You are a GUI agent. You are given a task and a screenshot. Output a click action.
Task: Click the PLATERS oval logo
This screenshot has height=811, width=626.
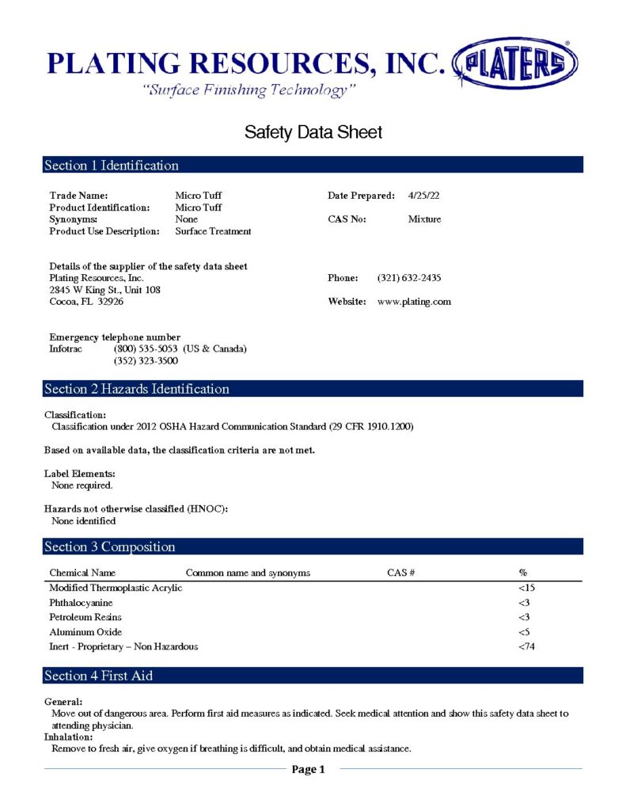click(514, 63)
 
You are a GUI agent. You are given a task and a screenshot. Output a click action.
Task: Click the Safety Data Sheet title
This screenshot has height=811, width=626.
click(313, 132)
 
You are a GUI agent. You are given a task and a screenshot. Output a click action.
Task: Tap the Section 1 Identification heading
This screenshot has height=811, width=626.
click(112, 166)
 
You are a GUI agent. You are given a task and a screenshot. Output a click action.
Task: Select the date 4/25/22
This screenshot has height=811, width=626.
click(423, 195)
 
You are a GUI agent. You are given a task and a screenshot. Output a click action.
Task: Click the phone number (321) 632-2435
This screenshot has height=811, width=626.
click(409, 278)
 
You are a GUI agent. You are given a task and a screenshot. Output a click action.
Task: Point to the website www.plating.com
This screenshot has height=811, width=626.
click(414, 302)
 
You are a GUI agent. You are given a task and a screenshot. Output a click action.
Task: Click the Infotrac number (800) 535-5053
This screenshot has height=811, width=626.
click(146, 348)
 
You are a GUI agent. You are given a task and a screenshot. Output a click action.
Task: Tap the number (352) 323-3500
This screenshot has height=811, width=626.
click(146, 360)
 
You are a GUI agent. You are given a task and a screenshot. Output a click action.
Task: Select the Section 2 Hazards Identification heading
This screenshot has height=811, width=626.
click(137, 389)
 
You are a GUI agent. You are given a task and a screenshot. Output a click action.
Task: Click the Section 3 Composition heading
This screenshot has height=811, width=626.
click(110, 547)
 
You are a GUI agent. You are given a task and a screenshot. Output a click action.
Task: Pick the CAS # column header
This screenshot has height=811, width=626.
click(401, 573)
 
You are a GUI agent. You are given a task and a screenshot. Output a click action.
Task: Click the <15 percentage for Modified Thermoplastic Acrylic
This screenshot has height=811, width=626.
click(526, 588)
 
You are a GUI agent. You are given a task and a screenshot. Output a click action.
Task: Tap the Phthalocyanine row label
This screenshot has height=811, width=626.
click(81, 603)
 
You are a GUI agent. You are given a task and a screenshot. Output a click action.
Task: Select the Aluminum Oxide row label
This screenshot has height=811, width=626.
click(85, 632)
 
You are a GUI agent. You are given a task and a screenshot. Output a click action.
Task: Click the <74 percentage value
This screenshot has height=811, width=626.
click(526, 646)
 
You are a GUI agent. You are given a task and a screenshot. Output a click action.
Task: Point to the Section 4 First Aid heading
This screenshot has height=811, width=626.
click(99, 676)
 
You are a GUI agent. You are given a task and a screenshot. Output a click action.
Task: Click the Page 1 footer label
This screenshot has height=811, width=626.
click(309, 769)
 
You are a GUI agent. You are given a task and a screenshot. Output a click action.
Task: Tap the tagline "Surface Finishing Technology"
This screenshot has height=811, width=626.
click(249, 90)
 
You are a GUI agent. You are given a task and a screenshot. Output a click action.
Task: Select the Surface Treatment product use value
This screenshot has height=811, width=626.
click(213, 231)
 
